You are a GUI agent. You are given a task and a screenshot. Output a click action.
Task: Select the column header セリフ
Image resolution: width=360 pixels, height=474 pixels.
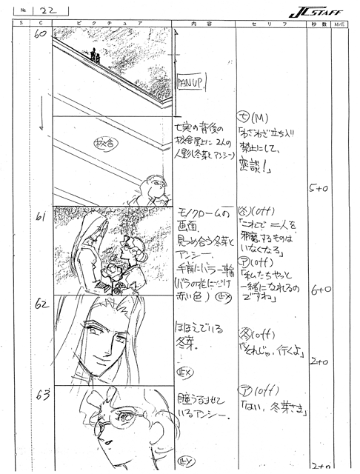click(x=271, y=24)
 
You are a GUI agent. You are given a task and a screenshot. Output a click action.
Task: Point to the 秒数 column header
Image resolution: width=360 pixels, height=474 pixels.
click(x=316, y=24)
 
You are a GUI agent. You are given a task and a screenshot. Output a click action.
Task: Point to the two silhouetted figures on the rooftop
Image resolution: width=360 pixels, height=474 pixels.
click(x=94, y=56)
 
